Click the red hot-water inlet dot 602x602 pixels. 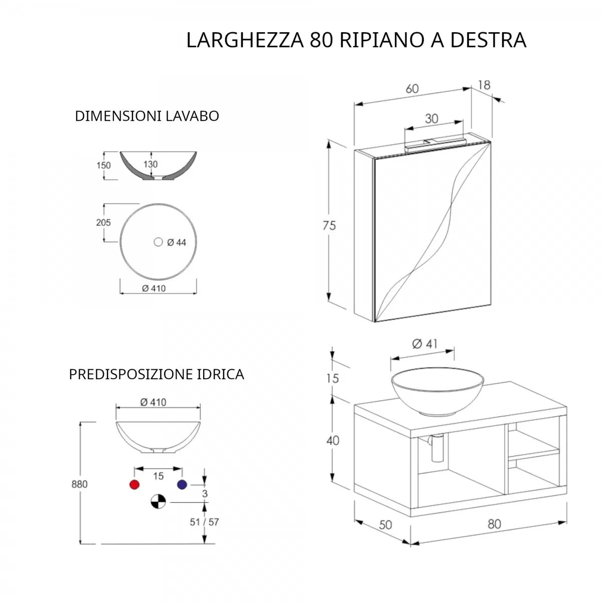[x=134, y=485]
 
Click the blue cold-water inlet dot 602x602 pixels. [x=182, y=485]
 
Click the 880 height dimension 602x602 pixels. [x=79, y=484]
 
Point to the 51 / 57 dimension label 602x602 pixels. [x=204, y=522]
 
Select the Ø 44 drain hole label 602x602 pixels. [x=177, y=242]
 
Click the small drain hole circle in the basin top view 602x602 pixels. [x=159, y=242]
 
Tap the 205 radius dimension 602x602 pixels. [x=103, y=222]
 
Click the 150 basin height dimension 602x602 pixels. [x=103, y=165]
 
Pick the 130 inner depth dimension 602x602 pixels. [x=150, y=165]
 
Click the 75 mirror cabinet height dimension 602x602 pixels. [x=329, y=225]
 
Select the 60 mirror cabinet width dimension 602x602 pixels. [x=412, y=89]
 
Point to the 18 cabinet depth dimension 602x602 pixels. [x=484, y=85]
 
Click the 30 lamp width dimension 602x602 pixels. [x=431, y=119]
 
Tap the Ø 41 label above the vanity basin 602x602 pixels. [x=424, y=344]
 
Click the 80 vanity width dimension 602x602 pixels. [x=494, y=524]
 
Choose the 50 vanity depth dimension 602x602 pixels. [x=385, y=525]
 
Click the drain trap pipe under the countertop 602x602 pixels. [x=436, y=447]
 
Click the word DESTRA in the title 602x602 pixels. [x=488, y=40]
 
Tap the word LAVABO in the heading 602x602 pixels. [x=192, y=116]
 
